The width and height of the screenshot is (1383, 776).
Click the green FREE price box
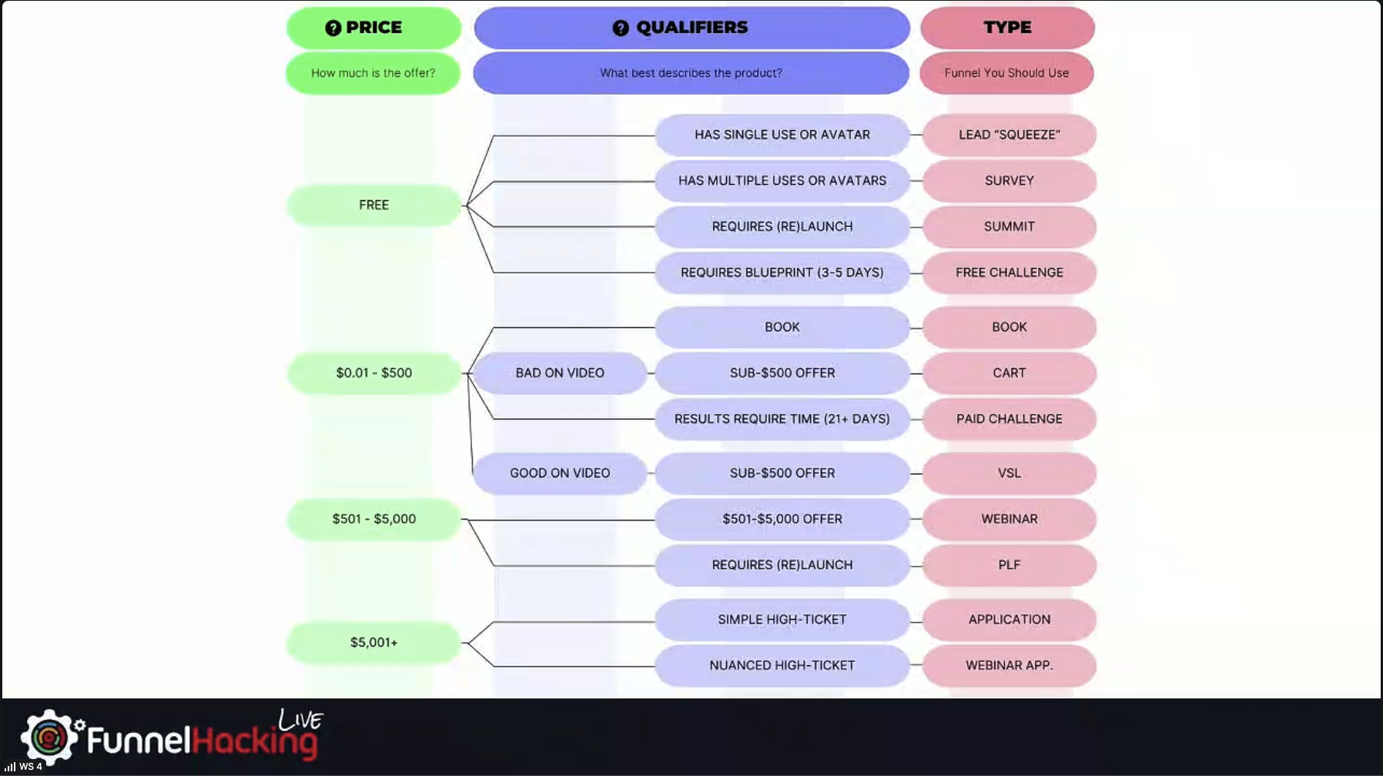373,206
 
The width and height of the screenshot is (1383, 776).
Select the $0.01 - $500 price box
373,373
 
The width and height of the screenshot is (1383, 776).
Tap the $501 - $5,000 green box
373,519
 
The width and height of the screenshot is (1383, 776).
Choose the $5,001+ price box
373,642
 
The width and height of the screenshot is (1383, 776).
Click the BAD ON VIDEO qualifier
560,373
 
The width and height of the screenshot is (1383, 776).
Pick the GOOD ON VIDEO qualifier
560,473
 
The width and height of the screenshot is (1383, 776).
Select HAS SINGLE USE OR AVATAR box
782,135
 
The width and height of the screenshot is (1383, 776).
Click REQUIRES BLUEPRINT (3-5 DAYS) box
782,273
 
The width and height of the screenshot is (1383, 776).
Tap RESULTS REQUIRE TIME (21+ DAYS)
782,419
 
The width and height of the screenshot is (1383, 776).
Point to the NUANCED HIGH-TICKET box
782,665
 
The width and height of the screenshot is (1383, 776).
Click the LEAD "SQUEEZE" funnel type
1009,135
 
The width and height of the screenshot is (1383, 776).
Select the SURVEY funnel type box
1009,181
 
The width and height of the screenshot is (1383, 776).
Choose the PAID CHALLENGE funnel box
1009,419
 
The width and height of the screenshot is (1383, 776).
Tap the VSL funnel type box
1009,473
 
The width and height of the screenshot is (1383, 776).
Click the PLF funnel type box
1009,565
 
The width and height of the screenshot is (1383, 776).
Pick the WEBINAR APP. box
1009,665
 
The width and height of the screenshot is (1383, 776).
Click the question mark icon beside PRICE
333,28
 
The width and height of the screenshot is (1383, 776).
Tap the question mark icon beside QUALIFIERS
621,28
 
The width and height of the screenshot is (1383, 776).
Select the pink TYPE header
1007,28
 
